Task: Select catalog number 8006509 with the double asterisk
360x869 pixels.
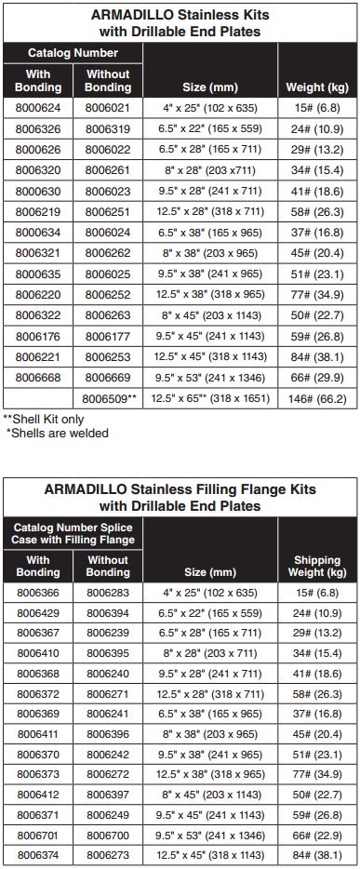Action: pos(110,398)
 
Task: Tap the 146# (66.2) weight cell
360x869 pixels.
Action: pos(317,398)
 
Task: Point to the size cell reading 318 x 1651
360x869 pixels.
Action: pos(212,398)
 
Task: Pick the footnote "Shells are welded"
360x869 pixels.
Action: pos(58,433)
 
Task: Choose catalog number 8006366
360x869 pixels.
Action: pos(38,592)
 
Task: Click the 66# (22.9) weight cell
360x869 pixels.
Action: pos(317,835)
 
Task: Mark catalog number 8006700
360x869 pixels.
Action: pos(108,835)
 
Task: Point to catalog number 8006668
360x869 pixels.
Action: pos(38,377)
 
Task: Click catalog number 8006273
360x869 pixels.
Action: pos(108,854)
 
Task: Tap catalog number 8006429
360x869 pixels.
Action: pos(38,612)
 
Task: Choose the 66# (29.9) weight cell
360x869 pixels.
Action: pos(317,377)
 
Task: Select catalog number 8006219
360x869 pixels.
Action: pos(38,213)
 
